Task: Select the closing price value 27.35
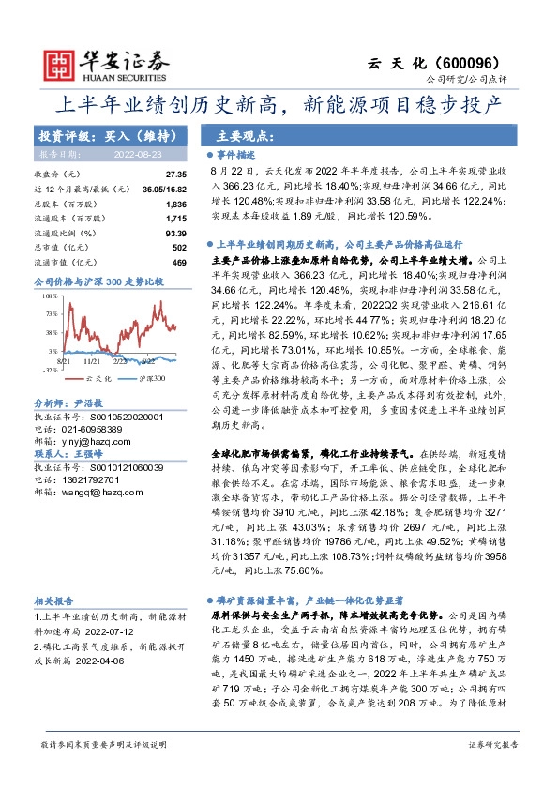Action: click(176, 175)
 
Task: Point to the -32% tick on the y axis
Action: click(49, 370)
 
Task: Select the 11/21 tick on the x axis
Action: click(92, 359)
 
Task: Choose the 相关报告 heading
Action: click(55, 600)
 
